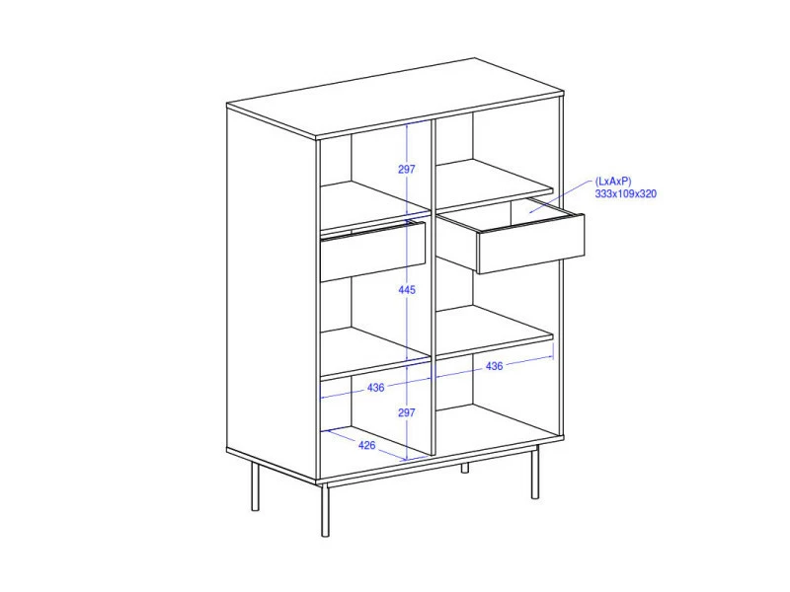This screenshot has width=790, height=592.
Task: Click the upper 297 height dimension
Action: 407,169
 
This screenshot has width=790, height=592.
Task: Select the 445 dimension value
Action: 407,290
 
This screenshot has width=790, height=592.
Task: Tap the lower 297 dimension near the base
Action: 407,412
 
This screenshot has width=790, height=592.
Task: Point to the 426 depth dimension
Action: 366,445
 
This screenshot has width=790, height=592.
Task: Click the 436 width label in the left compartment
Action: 376,388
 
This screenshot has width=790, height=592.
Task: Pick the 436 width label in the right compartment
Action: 495,366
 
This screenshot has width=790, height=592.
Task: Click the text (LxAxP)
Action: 613,182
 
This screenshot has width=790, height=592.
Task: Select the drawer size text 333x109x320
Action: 626,193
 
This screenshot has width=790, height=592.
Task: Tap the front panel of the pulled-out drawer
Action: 530,244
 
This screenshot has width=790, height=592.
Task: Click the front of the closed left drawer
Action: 373,252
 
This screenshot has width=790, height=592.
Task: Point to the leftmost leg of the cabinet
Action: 256,486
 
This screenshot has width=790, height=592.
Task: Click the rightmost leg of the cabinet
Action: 535,472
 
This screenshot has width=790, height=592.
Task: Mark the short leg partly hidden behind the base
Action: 464,468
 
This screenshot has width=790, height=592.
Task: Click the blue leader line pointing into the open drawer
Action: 559,196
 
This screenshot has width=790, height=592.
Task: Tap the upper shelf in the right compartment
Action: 494,184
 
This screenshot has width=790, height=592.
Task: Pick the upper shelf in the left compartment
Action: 374,206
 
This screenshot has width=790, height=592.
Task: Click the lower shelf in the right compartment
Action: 494,331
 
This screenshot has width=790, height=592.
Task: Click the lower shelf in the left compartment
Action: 374,352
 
